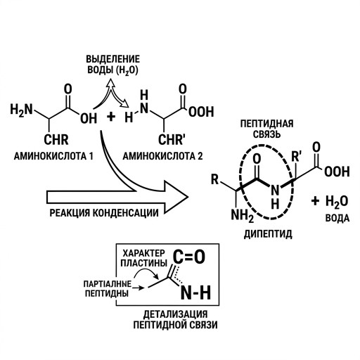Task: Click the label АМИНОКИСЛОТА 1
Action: [53, 156]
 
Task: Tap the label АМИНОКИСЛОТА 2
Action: [162, 156]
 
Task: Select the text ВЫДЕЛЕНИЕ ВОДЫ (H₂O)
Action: [112, 65]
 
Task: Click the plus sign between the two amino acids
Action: [111, 117]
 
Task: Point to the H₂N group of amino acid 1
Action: [21, 110]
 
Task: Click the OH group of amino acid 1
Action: [89, 118]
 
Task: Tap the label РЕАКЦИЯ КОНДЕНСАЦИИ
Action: [104, 213]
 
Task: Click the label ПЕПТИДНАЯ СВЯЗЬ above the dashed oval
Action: [266, 129]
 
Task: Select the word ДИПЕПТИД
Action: [268, 233]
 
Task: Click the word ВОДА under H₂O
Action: [337, 219]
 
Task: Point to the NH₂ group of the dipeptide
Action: [243, 215]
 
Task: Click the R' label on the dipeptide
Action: [296, 157]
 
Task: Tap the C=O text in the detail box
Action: [189, 257]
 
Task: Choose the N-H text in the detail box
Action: [196, 292]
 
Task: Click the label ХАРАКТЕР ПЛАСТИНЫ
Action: [143, 258]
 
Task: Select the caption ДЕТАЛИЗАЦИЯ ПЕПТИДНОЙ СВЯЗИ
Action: [175, 320]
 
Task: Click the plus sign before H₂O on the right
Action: [316, 201]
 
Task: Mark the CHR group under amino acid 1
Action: [56, 140]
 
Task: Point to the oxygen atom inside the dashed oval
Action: [257, 158]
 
